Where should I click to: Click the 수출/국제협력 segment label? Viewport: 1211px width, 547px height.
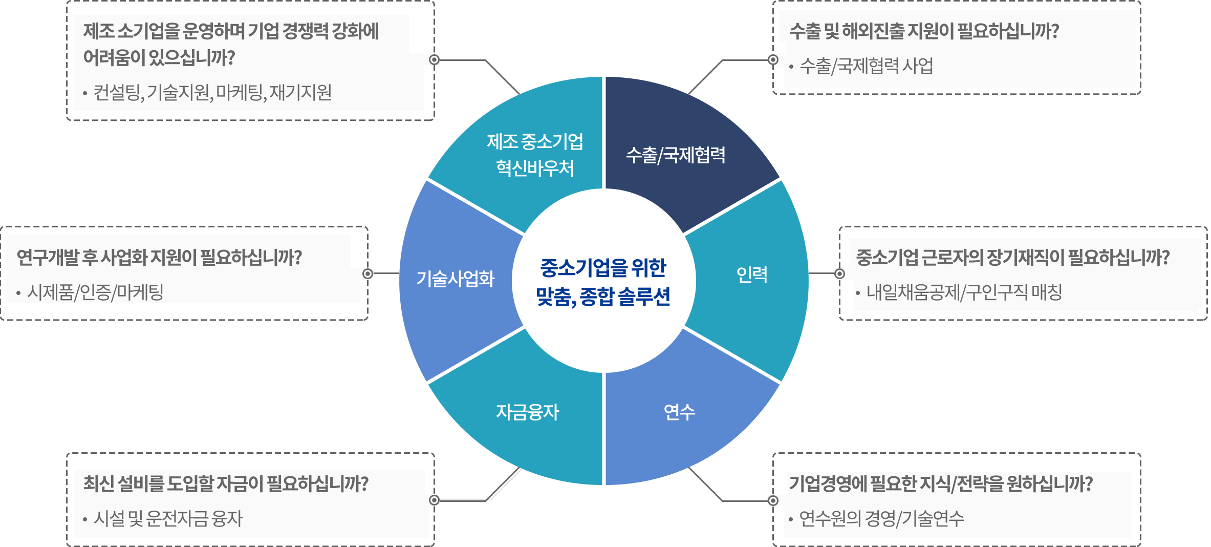coord(676,155)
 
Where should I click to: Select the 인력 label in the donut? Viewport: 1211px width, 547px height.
coord(752,275)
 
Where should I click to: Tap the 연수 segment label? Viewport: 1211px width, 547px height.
coord(679,412)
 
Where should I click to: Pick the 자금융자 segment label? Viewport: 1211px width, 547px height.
coord(527,412)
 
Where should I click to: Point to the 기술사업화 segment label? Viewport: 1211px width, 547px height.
coord(455,279)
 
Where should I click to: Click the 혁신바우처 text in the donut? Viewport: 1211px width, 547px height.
coord(535,168)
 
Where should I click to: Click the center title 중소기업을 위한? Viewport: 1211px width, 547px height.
coord(603,267)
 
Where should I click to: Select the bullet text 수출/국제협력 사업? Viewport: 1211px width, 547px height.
coord(866,66)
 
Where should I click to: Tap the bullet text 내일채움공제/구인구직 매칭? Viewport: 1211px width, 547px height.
coord(964,292)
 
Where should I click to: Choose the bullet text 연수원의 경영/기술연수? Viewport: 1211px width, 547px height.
coord(881,519)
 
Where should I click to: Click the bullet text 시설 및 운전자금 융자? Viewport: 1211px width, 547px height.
coord(168,519)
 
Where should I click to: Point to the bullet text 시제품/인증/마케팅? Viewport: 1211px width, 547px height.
coord(95,292)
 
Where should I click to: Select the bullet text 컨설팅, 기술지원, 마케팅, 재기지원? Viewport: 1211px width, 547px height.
coord(212,93)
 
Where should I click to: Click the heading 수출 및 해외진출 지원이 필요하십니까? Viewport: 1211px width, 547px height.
coord(924,31)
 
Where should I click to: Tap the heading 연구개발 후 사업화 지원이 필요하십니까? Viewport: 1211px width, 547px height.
coord(159,258)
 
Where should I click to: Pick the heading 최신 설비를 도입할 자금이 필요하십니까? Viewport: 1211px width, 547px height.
coord(226,484)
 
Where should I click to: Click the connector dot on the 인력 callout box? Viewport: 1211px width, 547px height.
coord(839,273)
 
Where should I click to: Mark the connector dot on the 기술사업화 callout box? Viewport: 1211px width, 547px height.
coord(367,273)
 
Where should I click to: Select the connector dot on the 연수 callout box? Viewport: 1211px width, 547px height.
coord(773,500)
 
